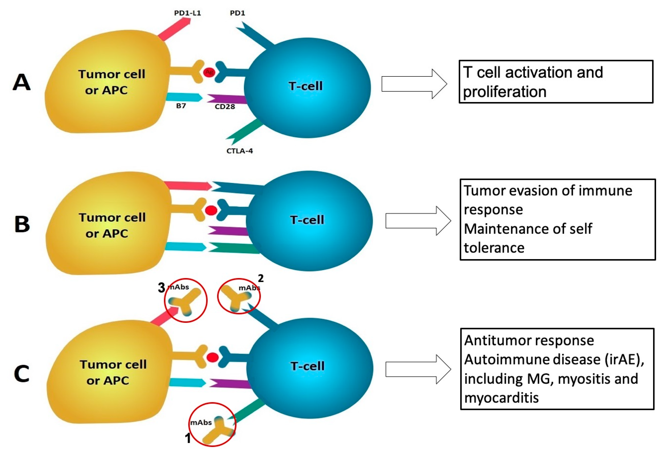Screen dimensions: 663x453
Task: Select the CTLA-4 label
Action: [240, 151]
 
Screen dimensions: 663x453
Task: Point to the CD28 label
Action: [225, 107]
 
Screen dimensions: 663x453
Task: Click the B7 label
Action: [181, 106]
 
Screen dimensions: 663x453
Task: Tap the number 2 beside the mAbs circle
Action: [261, 278]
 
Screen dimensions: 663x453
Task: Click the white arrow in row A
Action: [414, 84]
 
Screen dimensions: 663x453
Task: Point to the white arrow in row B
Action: [418, 221]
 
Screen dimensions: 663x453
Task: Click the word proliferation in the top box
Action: [504, 92]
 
